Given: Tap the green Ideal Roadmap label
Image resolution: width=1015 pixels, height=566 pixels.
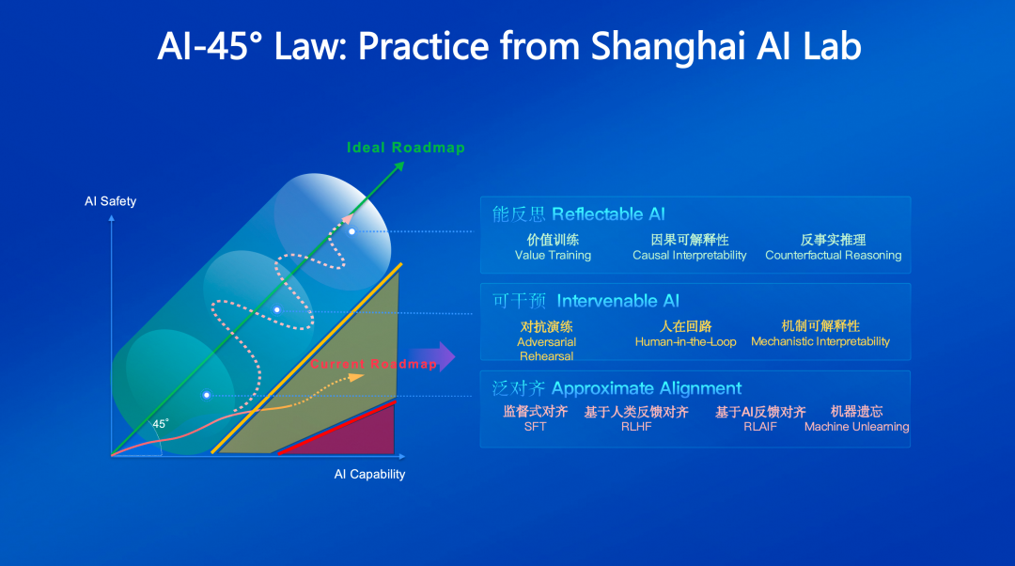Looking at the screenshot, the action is click(x=406, y=148).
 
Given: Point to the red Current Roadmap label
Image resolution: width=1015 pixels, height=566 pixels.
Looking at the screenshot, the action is click(x=373, y=364).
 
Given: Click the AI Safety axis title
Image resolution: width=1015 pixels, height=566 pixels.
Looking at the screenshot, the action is click(x=111, y=201).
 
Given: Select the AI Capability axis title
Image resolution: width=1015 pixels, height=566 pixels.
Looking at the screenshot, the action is click(x=369, y=474).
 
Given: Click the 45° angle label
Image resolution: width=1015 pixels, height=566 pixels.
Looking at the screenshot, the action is click(x=161, y=424).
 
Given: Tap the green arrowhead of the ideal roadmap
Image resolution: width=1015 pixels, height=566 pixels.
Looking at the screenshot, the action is click(x=398, y=167).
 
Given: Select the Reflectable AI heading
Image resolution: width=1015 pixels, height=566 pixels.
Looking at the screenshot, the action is click(x=608, y=214).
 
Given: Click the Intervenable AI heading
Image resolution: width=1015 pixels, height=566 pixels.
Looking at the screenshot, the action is click(x=617, y=301).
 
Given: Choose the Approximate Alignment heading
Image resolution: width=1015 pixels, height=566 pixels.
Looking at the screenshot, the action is click(x=646, y=388).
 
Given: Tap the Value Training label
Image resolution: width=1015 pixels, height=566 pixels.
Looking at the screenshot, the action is click(x=553, y=255).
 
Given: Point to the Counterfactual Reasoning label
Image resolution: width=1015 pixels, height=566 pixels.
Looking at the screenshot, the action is click(x=833, y=255).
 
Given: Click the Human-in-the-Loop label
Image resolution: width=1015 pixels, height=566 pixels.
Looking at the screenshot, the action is click(x=685, y=342).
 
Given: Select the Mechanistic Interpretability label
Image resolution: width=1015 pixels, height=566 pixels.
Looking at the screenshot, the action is click(x=820, y=341).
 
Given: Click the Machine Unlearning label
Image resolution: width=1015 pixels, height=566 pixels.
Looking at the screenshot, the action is click(x=856, y=427).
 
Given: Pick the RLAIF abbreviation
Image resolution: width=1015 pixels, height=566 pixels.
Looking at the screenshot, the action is click(x=760, y=427).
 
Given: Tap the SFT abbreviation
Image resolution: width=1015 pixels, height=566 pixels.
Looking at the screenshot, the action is click(x=536, y=427).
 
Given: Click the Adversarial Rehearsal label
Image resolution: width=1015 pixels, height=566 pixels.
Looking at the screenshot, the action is click(x=546, y=349).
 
